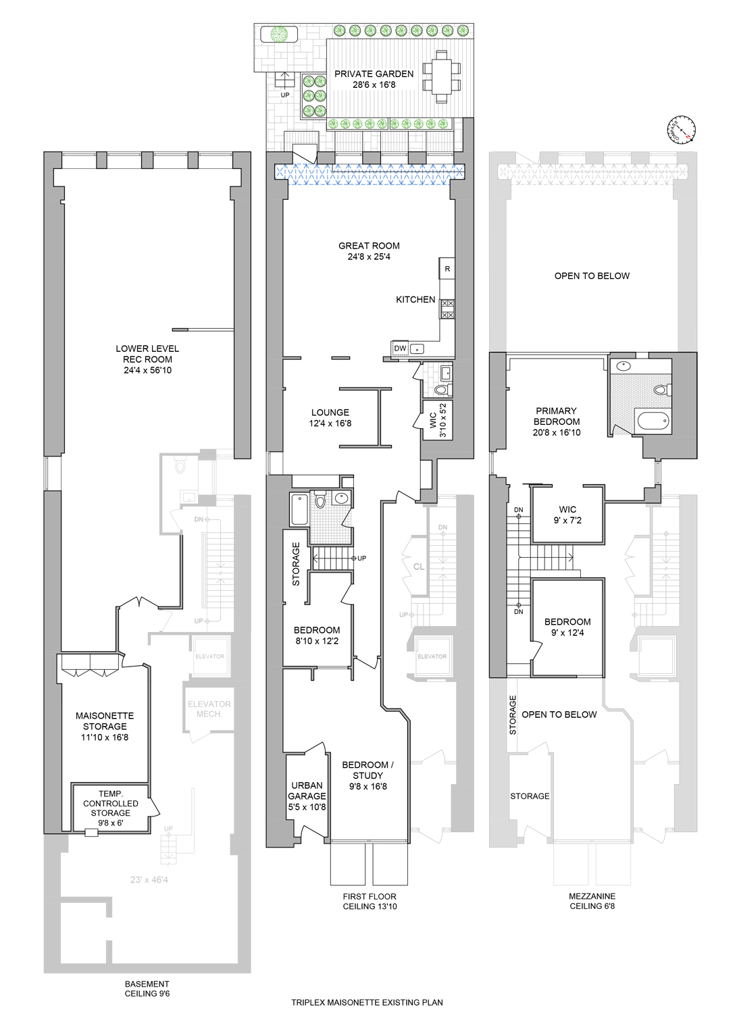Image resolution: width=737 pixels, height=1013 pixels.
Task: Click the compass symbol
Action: tap(681, 130)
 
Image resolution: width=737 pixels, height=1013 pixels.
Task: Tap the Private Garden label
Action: tap(374, 79)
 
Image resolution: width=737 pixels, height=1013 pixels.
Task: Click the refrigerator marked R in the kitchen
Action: tap(447, 269)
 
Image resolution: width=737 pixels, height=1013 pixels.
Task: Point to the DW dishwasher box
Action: tap(400, 348)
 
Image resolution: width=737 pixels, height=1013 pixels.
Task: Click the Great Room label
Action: tap(369, 251)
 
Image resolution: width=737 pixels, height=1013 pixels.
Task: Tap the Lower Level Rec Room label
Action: tap(147, 359)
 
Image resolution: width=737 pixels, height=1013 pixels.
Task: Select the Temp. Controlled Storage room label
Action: tap(111, 808)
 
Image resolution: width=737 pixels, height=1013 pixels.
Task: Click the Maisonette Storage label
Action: tap(105, 727)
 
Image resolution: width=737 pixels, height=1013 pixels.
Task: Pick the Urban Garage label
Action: tap(307, 796)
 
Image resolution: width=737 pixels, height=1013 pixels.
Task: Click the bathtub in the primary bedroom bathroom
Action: tap(653, 421)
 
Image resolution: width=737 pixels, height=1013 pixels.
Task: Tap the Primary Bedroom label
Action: tap(556, 421)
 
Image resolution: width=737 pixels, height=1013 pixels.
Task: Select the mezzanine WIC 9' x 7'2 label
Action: tap(567, 515)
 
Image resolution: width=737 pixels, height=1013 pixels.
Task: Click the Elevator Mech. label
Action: tap(209, 709)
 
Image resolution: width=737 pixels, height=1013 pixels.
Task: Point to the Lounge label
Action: tap(330, 418)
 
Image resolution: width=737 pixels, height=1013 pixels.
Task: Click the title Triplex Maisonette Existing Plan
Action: tap(367, 1003)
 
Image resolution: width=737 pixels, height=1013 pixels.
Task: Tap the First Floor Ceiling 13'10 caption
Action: tap(370, 902)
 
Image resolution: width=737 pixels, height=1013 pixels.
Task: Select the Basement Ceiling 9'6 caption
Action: tap(147, 989)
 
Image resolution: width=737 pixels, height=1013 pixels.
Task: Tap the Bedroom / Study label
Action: tap(367, 775)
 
